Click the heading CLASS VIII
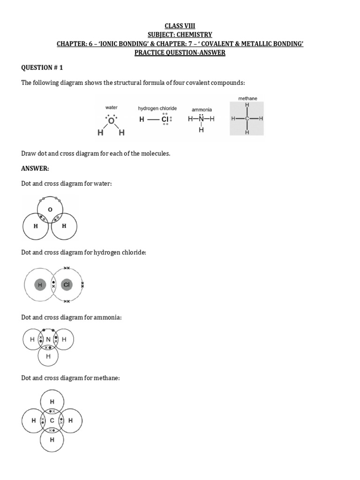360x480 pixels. (x=180, y=26)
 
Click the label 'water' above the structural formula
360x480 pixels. (x=111, y=107)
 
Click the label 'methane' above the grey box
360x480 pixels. (x=247, y=98)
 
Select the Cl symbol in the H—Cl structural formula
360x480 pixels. (x=165, y=120)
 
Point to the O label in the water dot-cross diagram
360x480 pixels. (x=50, y=210)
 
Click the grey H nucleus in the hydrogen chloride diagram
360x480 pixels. (x=40, y=285)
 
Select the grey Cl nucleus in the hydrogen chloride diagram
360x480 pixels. (x=67, y=285)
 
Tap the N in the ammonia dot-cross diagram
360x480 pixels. (x=48, y=339)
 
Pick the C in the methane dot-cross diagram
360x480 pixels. (x=52, y=420)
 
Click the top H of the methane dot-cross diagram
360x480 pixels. (x=52, y=402)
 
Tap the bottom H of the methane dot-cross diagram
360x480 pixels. (x=52, y=440)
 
